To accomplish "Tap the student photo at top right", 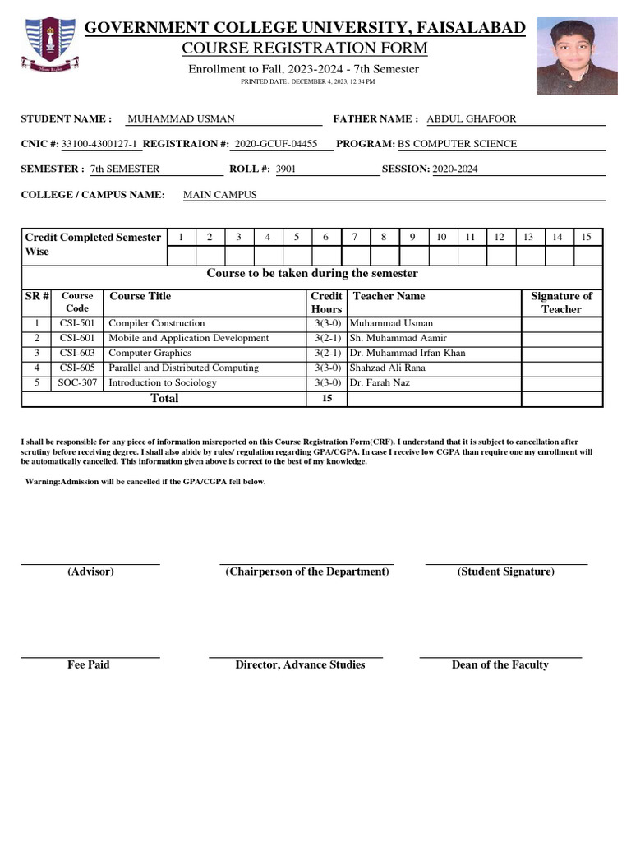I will click(x=576, y=56).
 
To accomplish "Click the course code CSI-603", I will click(x=77, y=353).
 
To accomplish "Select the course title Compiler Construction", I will click(x=157, y=323).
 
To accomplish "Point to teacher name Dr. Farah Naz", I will click(x=380, y=382).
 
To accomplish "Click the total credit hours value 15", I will click(x=327, y=399).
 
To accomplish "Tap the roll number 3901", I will click(x=286, y=169).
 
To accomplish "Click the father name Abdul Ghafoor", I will click(x=472, y=119).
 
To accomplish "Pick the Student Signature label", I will click(x=505, y=571).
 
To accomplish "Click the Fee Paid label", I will click(x=88, y=664).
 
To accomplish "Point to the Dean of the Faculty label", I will click(x=500, y=664).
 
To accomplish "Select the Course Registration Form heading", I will click(x=304, y=49).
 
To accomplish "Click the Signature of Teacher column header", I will click(x=561, y=303).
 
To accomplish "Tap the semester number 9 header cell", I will click(x=412, y=237).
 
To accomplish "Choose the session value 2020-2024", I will click(x=455, y=169).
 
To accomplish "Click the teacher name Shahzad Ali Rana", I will click(x=388, y=368).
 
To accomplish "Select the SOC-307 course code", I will click(x=77, y=382).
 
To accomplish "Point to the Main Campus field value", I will click(x=219, y=195).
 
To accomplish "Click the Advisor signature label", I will click(x=90, y=571).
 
